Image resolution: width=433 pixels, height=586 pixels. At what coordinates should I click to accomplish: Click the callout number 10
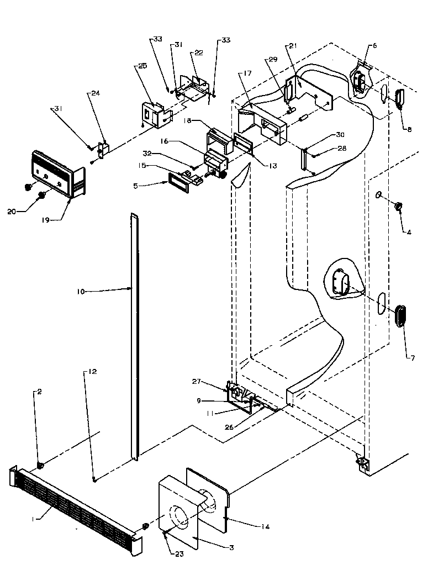81,291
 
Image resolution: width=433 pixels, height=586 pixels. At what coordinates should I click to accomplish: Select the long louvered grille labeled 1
75,505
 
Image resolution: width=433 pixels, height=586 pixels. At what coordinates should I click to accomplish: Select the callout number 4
409,232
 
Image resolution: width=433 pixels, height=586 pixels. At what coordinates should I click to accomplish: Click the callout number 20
12,210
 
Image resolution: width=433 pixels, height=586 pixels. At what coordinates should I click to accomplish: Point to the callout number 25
142,66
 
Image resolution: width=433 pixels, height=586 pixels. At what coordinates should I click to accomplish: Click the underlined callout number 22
197,52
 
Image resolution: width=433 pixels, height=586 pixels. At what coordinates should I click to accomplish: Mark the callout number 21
293,46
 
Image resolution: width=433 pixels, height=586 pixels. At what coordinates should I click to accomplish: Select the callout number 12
92,372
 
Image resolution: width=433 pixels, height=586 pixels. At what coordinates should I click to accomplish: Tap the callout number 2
39,392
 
